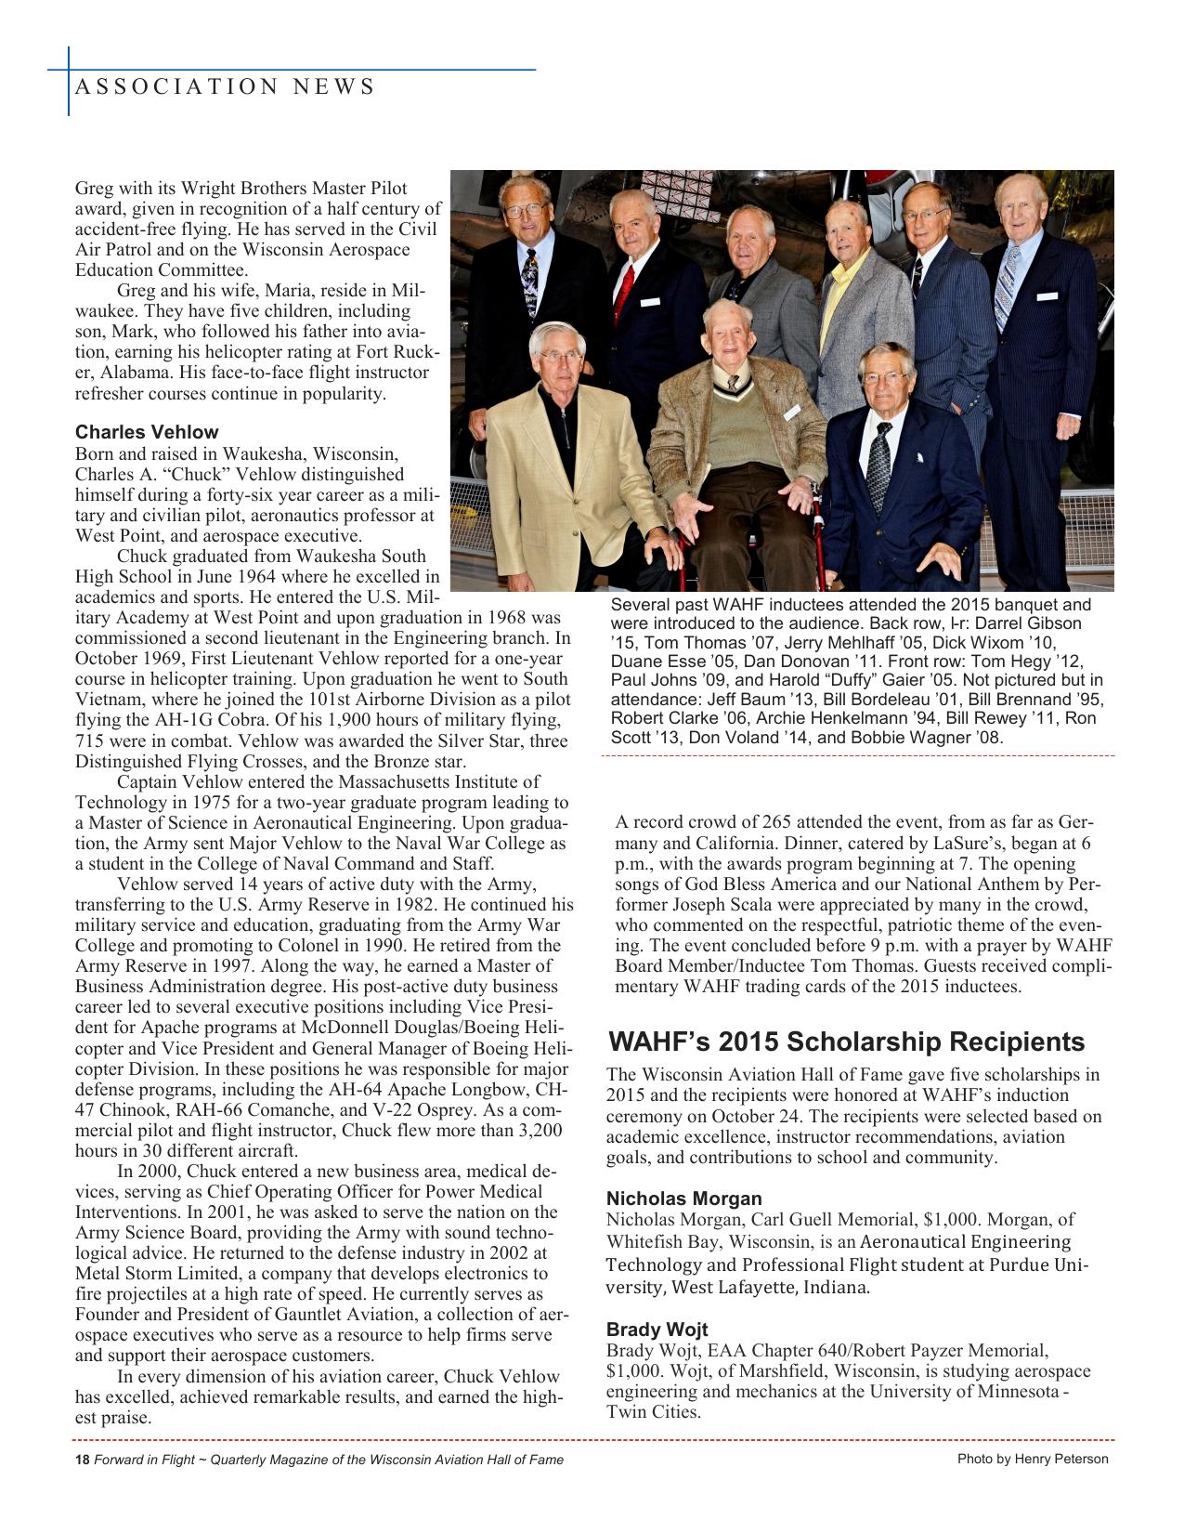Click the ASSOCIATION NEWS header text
click(224, 87)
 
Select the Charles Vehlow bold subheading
click(147, 432)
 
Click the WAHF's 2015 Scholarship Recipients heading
click(846, 1042)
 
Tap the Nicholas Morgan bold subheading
click(683, 1199)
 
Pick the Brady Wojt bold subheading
click(657, 1329)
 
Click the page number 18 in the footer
click(81, 1460)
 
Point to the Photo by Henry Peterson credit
click(1033, 1459)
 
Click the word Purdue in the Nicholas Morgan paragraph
click(1019, 1264)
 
